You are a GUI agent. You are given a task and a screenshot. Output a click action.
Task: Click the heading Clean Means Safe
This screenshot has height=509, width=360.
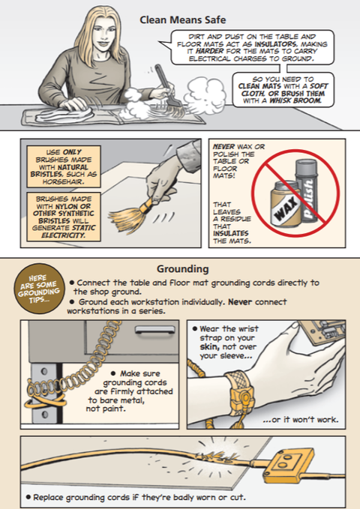[x=182, y=19]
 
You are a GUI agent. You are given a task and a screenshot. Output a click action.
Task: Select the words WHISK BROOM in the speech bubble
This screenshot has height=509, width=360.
[x=295, y=100]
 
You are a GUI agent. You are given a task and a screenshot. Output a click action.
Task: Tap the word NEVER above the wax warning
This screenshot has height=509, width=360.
[x=223, y=146]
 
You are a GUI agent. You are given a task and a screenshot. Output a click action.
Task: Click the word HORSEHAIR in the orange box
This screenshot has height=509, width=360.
[x=63, y=181]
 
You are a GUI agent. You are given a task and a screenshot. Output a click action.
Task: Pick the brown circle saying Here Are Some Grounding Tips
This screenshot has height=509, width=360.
[x=39, y=289]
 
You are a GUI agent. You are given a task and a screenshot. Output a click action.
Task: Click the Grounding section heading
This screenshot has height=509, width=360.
[x=182, y=269]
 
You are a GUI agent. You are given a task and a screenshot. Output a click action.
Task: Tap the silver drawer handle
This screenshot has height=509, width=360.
[x=154, y=330]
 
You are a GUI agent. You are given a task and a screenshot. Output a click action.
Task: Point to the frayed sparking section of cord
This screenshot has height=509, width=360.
[x=217, y=455]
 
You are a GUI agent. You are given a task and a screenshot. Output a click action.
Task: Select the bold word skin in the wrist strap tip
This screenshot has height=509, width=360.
[x=209, y=346]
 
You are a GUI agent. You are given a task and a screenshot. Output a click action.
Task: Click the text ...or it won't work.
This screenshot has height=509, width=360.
[x=301, y=419]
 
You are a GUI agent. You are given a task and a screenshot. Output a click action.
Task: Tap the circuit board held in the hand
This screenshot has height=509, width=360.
[x=322, y=332]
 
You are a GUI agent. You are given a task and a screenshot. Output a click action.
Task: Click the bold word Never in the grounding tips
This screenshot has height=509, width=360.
[x=240, y=302]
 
